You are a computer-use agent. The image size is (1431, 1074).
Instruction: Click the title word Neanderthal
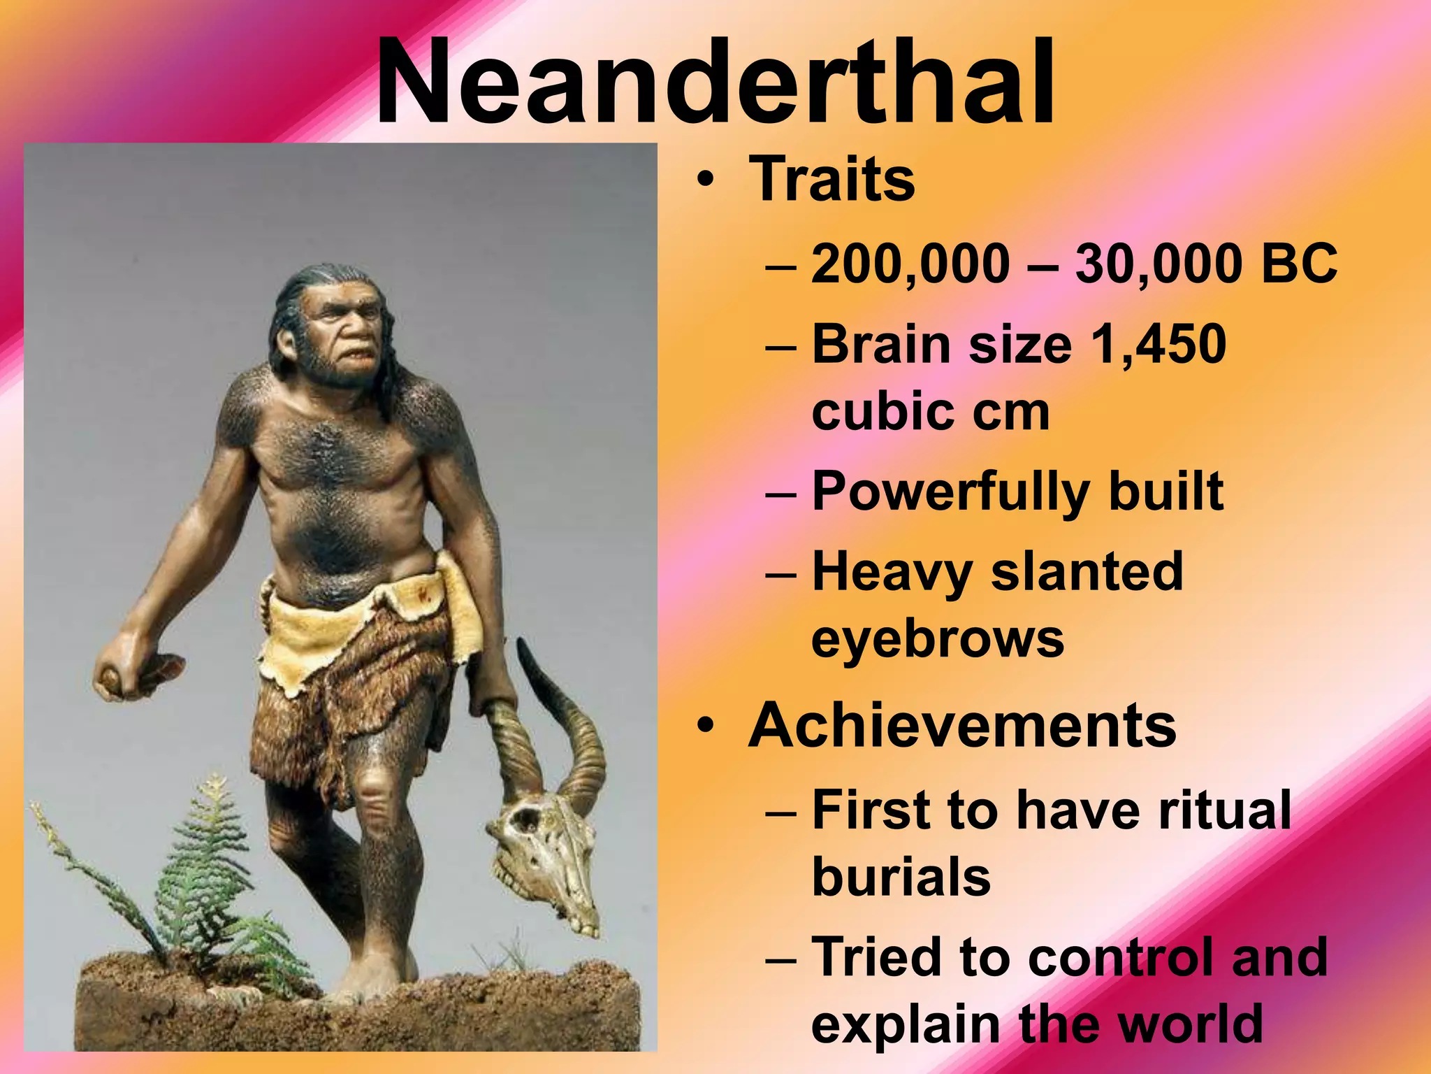click(x=715, y=83)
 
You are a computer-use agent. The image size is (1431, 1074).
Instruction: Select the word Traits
click(x=831, y=180)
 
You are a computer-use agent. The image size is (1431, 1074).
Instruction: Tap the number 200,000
click(x=910, y=264)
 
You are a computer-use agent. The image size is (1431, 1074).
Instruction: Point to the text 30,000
click(x=1161, y=264)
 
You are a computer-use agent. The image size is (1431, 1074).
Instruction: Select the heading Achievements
click(x=962, y=726)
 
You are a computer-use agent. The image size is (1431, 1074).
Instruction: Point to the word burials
click(x=901, y=877)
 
